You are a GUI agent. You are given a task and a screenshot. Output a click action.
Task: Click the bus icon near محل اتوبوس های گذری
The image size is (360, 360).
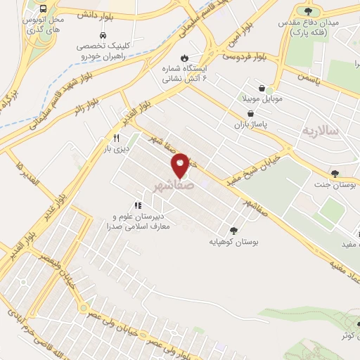(44, 9)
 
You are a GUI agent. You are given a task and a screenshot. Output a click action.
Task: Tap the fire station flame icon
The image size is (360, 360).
(184, 58)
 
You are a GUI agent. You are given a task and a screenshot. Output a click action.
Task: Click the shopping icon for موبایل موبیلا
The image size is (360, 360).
(262, 89)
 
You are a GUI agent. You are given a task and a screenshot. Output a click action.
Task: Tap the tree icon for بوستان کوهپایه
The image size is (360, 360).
(233, 230)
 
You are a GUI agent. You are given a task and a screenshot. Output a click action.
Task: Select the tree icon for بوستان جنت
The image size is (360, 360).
(335, 173)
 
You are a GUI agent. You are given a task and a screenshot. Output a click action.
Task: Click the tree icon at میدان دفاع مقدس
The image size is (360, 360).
(308, 11)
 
